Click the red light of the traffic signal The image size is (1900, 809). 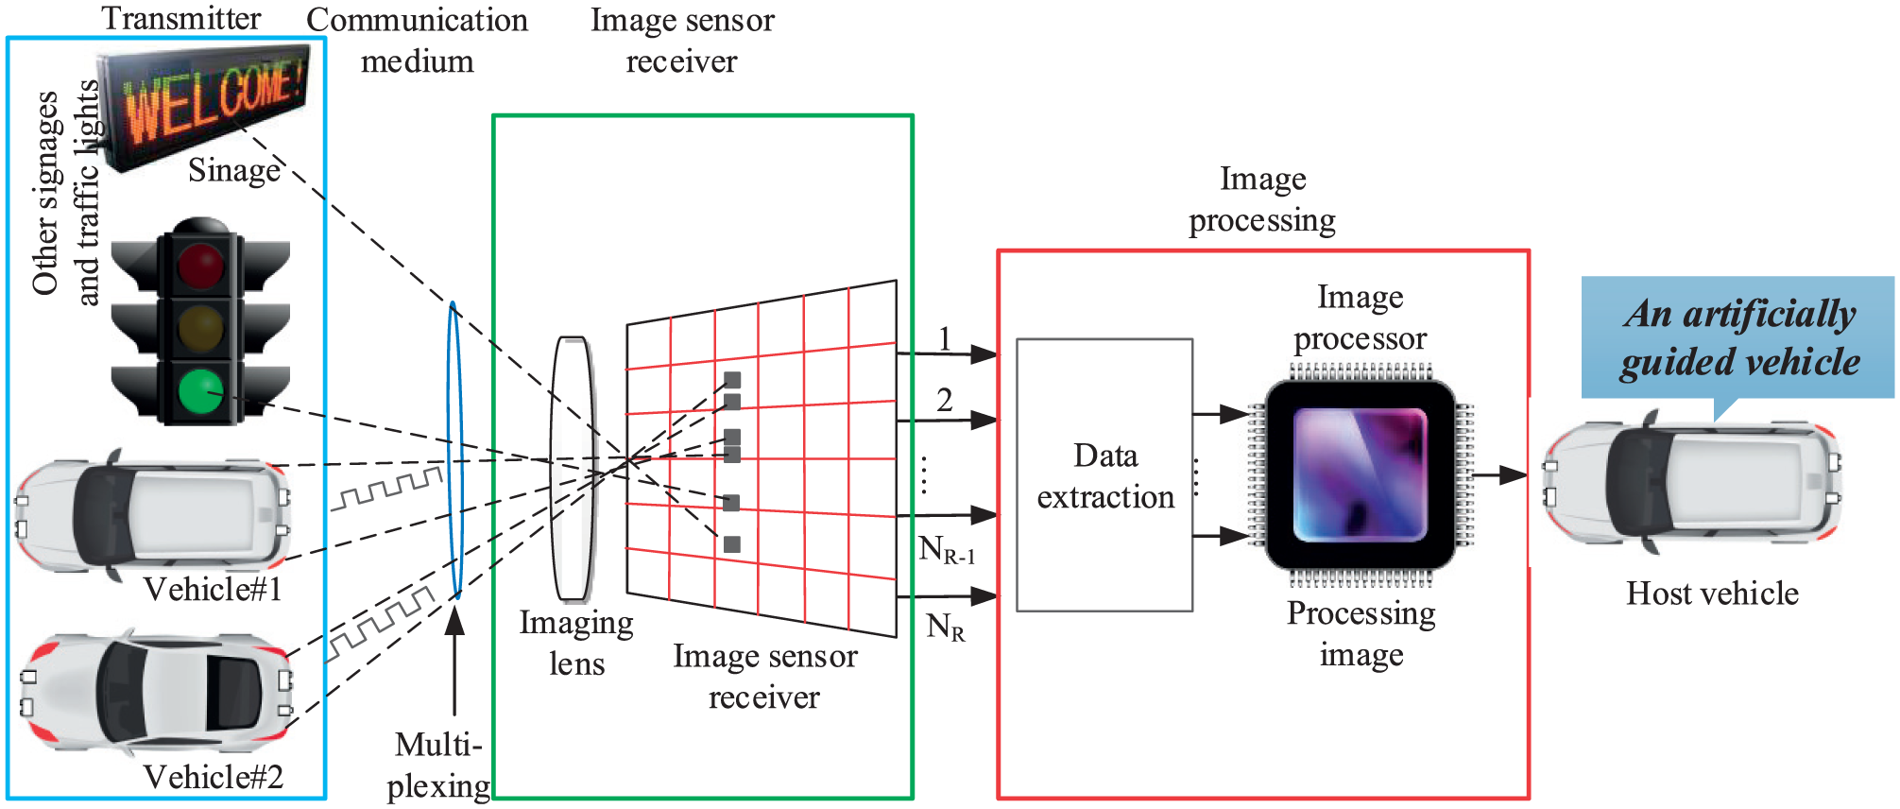pyautogui.click(x=200, y=264)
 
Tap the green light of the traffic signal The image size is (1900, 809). pyautogui.click(x=201, y=392)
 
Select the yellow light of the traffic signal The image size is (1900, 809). pyautogui.click(x=200, y=327)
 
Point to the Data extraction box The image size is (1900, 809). pyautogui.click(x=1104, y=475)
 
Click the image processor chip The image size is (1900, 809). pyautogui.click(x=1361, y=474)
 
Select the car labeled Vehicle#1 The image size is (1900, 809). pyautogui.click(x=152, y=515)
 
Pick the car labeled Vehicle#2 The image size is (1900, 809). pyautogui.click(x=157, y=691)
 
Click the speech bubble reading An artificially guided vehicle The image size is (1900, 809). pyautogui.click(x=1738, y=340)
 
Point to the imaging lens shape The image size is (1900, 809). pyautogui.click(x=573, y=469)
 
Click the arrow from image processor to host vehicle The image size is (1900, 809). pyautogui.click(x=1500, y=474)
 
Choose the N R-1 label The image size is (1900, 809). pyautogui.click(x=947, y=549)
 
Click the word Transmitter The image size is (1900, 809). pyautogui.click(x=181, y=18)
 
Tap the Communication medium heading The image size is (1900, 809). pyautogui.click(x=418, y=41)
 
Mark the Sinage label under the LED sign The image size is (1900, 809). pyautogui.click(x=234, y=170)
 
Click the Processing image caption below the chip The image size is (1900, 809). pyautogui.click(x=1361, y=633)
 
